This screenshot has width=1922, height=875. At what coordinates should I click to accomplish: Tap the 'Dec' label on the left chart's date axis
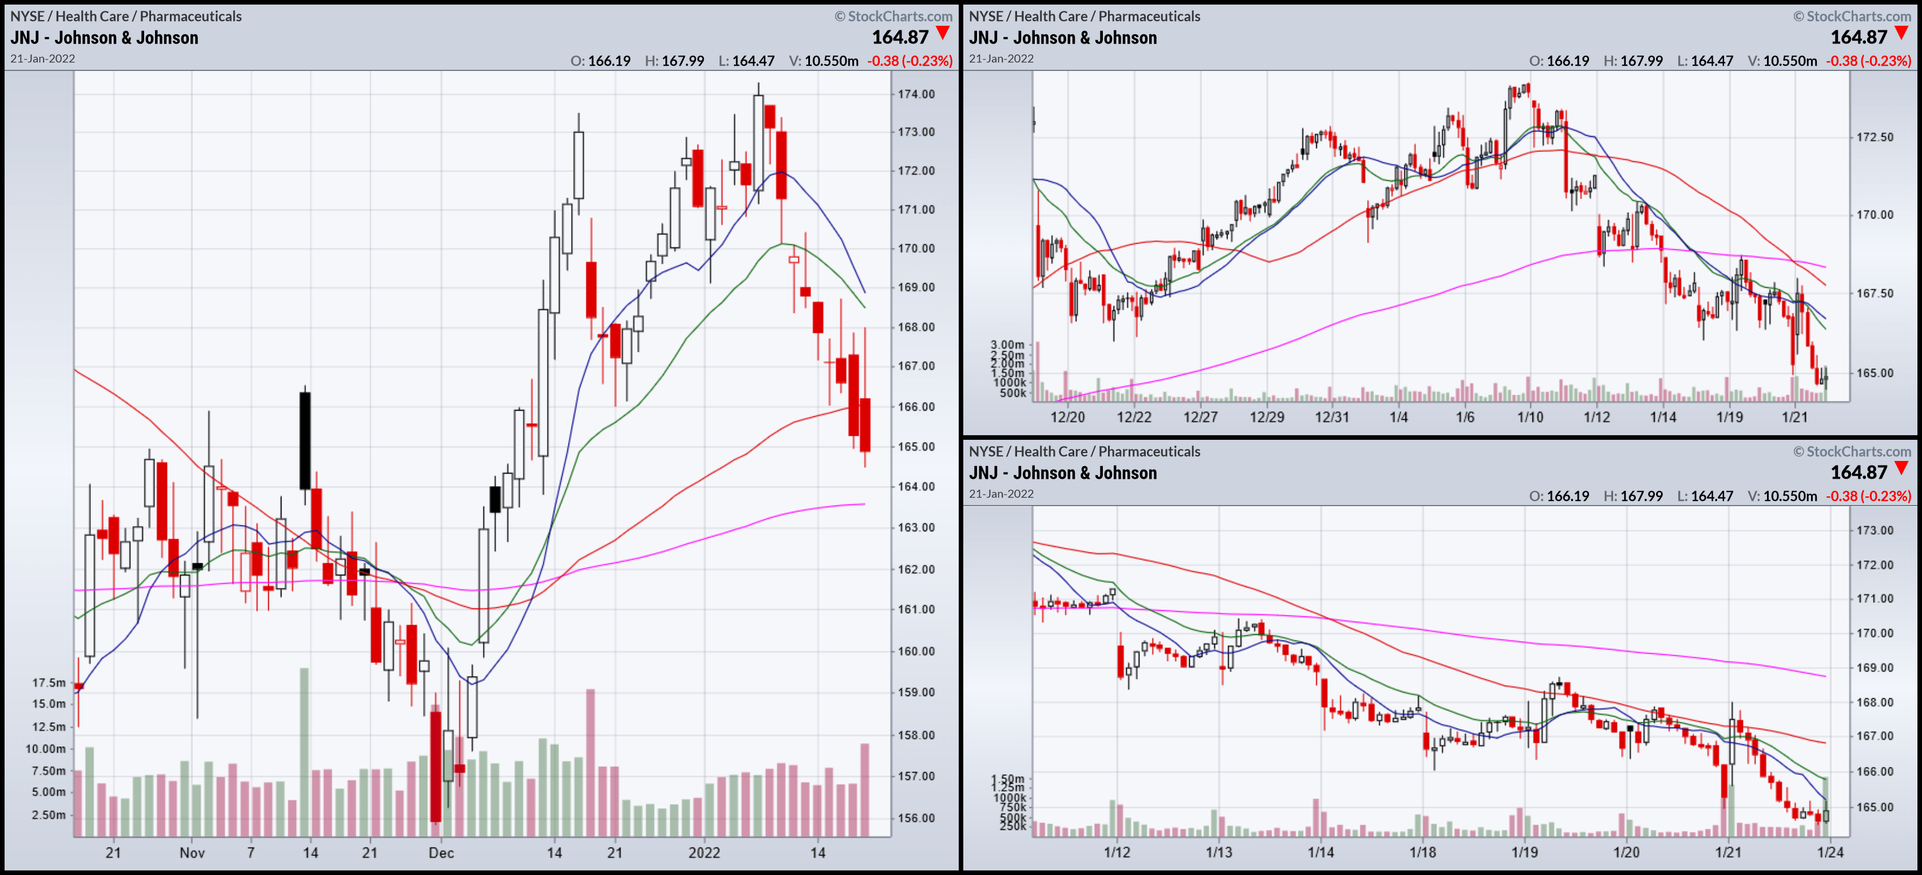pos(441,853)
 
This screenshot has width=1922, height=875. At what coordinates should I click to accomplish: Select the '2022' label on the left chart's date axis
pos(704,853)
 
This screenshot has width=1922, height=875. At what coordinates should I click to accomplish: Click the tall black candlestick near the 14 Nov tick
pos(305,440)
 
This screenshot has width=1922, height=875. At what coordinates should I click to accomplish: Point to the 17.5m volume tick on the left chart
pos(49,682)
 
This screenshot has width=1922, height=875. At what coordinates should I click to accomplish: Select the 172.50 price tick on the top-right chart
pos(1875,137)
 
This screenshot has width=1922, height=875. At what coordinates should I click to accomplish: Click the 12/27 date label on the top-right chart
pos(1200,417)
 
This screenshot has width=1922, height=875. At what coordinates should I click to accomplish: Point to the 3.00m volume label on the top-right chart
pos(1007,345)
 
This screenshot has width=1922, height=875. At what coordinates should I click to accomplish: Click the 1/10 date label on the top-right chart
pos(1530,417)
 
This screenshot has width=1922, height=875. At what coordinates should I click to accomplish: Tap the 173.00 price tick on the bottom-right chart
pos(1875,530)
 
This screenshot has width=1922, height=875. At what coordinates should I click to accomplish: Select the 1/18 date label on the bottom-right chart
pos(1422,852)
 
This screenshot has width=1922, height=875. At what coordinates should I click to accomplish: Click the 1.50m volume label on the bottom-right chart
pos(1007,779)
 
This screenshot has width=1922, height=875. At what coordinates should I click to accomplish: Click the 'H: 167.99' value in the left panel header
pos(674,61)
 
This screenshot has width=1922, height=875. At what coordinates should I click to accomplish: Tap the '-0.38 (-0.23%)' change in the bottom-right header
pos(1868,496)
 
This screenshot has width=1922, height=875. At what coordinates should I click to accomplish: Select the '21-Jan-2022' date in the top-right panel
pos(1001,59)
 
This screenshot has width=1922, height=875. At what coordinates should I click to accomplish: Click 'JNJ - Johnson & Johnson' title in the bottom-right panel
pos(1062,473)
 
